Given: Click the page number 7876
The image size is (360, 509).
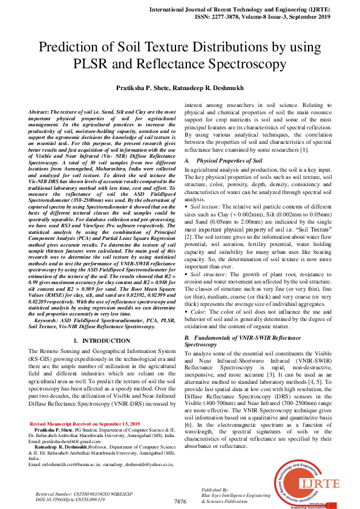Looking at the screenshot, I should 180,502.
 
